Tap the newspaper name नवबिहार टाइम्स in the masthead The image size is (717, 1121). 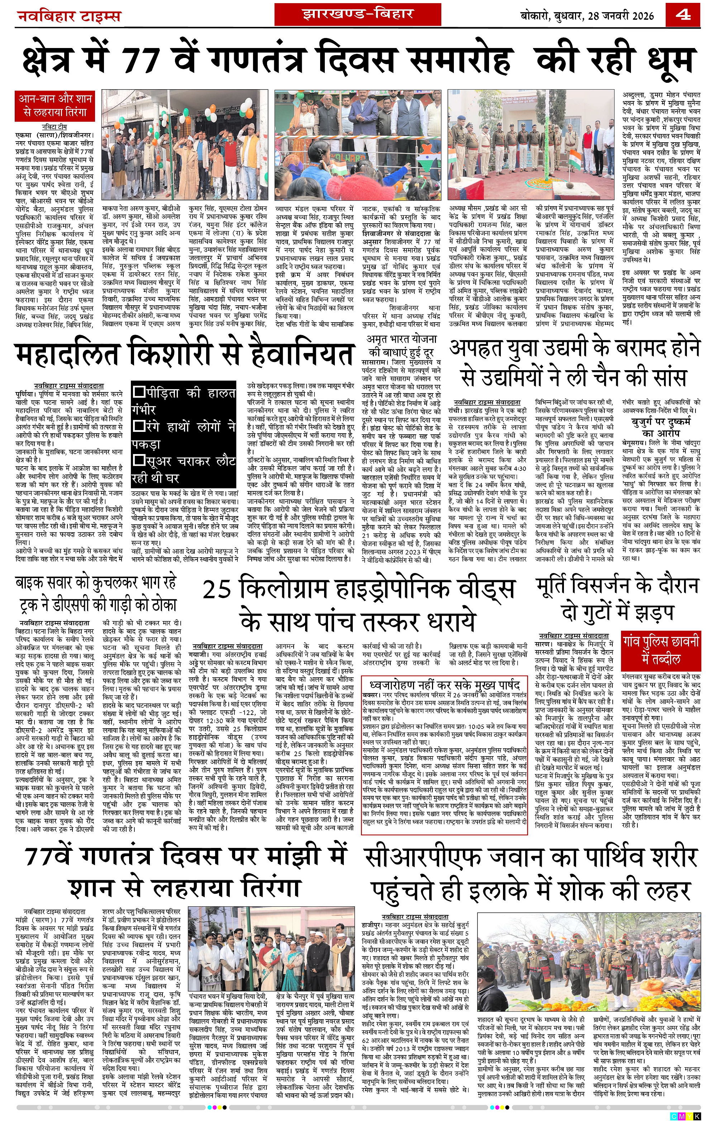(69, 17)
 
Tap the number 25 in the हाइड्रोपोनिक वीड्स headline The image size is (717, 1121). (217, 590)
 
